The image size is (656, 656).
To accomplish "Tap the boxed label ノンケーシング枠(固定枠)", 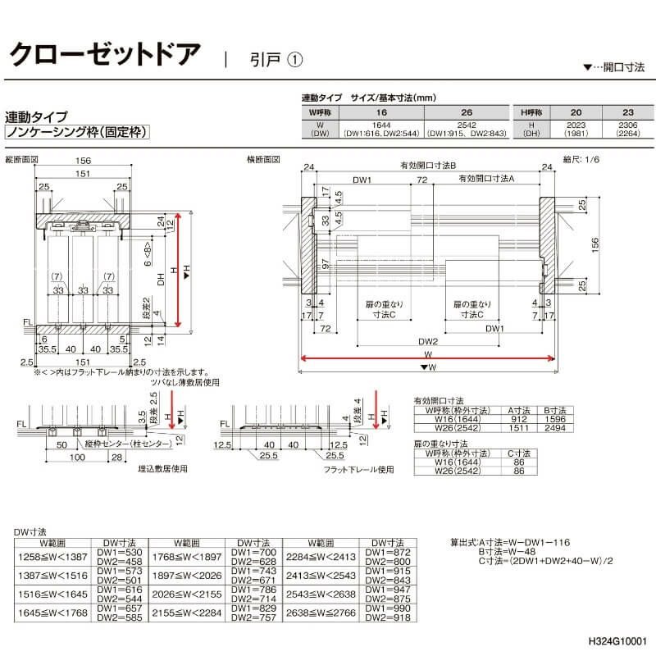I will point(77,132).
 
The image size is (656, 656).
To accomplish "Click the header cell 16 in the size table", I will point(380,111).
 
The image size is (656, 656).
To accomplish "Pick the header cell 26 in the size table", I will point(466,111).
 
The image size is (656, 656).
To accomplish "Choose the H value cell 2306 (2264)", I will point(628,129).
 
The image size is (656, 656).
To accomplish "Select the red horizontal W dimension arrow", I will point(426,358).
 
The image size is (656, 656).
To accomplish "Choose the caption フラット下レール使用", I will point(358,470).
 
